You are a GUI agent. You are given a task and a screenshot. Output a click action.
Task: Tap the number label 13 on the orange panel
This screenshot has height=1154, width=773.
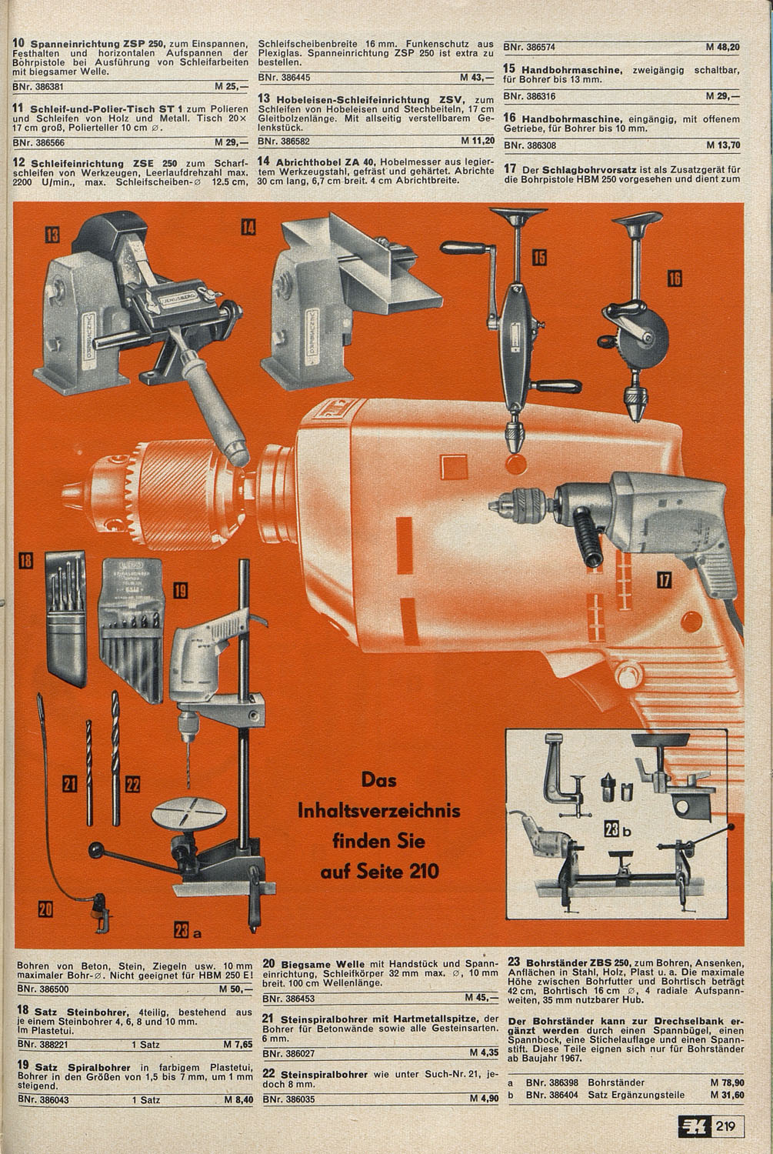coord(52,235)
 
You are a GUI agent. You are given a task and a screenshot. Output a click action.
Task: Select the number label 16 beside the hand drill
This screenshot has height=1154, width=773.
coord(675,278)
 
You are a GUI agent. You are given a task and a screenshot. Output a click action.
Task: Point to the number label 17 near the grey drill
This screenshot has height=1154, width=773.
coord(665,581)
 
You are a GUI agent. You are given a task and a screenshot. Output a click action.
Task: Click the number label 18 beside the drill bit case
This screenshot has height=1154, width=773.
coord(25,561)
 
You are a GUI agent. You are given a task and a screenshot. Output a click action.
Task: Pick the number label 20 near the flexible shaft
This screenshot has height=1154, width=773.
coord(45,909)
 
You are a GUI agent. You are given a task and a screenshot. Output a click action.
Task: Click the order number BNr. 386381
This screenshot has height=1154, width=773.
coord(38,86)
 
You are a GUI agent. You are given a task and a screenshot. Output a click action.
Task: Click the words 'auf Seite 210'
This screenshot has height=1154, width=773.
coord(379,871)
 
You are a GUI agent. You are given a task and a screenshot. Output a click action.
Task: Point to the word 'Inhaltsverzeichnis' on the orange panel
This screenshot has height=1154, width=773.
coord(379,811)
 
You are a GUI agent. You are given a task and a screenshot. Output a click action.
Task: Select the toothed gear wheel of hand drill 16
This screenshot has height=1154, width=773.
coord(651,333)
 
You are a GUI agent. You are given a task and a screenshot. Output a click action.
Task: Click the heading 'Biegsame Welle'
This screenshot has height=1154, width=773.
coord(323,964)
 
